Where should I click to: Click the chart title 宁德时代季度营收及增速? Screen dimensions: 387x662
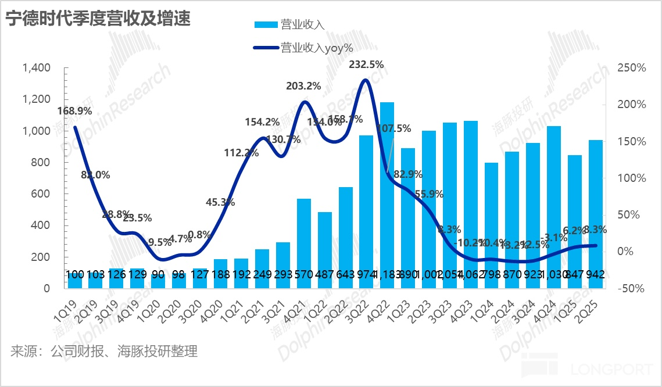[98, 19]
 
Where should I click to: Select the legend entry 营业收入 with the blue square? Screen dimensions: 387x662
[289, 24]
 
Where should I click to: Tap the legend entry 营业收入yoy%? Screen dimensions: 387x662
[303, 47]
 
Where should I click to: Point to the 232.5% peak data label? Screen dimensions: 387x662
[366, 64]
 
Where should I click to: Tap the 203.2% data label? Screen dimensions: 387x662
[303, 86]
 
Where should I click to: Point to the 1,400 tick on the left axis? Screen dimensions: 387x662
[36, 68]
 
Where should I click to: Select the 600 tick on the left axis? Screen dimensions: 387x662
[41, 194]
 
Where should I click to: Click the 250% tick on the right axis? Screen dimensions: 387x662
[631, 68]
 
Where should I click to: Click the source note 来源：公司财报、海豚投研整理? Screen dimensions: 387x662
[104, 352]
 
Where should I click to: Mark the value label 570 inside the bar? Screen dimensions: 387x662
[304, 274]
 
